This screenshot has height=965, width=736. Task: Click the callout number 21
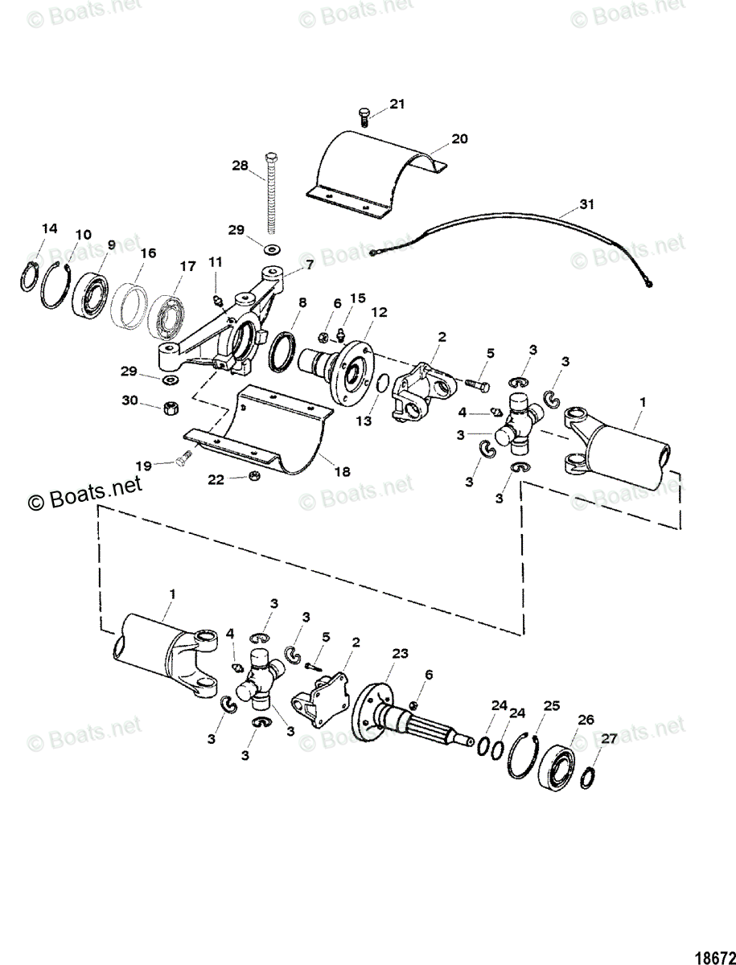[397, 104]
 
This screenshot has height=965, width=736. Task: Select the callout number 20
[458, 138]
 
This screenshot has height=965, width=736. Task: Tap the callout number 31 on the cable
[588, 205]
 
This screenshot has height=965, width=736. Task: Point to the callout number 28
[241, 165]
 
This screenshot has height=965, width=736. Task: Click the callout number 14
[50, 228]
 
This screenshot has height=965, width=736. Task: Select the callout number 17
[187, 265]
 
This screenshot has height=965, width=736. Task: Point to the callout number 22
[216, 479]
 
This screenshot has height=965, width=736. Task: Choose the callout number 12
[379, 311]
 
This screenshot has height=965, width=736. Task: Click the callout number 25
[551, 706]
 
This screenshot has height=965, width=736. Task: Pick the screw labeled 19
[181, 460]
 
